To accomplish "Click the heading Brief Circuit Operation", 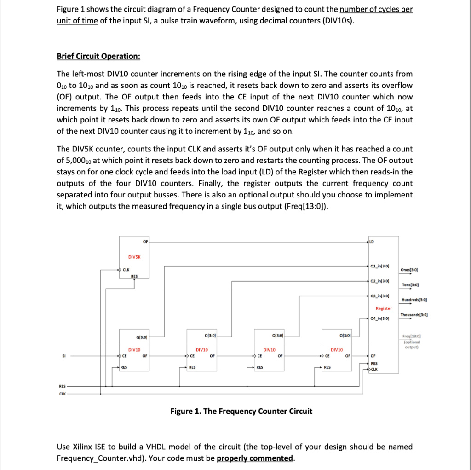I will pos(98,56).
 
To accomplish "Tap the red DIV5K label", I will pos(134,257).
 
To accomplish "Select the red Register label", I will pos(384,308).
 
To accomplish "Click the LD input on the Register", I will pos(372,241).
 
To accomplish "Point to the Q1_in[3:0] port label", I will pos(380,266).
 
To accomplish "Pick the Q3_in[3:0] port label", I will pos(380,296).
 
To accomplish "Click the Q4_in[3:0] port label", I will pos(380,318).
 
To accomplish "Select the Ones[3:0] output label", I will pos(409,270).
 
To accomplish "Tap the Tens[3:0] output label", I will pos(409,285).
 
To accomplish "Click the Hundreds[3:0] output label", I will pos(414,300).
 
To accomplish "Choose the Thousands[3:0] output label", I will pos(414,315).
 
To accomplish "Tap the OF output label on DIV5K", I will pos(145,241).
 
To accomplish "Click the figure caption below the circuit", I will pos(241,411).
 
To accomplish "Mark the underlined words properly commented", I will pos(254,458).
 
